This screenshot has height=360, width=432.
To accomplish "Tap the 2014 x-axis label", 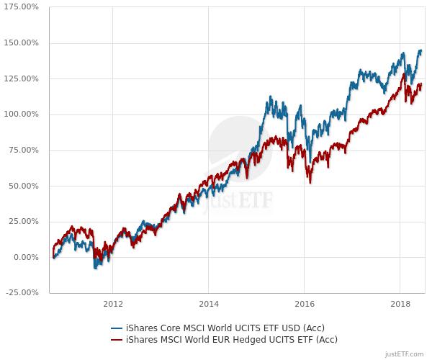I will click(x=209, y=304).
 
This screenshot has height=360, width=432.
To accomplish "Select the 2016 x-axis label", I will click(x=305, y=304).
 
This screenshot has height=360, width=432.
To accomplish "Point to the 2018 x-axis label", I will click(x=400, y=304).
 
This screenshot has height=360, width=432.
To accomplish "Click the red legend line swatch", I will click(x=117, y=339).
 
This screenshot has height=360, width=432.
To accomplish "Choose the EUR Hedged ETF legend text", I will click(x=231, y=339).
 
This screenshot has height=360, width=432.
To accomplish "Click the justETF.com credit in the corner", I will click(x=405, y=354).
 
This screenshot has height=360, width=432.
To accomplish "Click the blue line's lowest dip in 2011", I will click(x=95, y=268).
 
